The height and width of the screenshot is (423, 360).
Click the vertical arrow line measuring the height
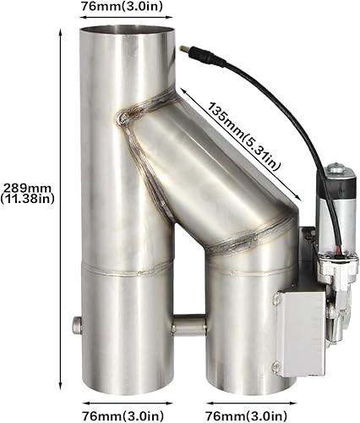[63, 211]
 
